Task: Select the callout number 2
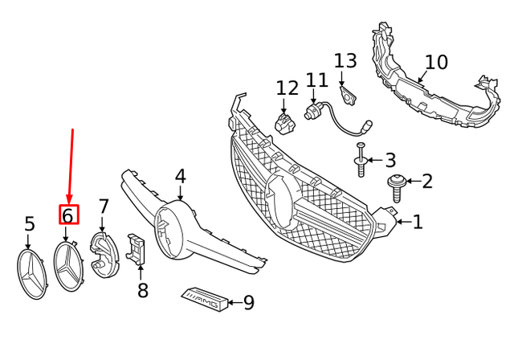426,181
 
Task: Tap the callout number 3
390,160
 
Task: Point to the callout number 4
180,176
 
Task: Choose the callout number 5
30,223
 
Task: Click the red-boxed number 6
67,215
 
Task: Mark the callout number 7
103,207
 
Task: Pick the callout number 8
142,289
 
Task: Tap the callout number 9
248,302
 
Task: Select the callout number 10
435,61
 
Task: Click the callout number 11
317,80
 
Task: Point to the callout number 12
287,88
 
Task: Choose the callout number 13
345,60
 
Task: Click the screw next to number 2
397,186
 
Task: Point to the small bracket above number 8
137,249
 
